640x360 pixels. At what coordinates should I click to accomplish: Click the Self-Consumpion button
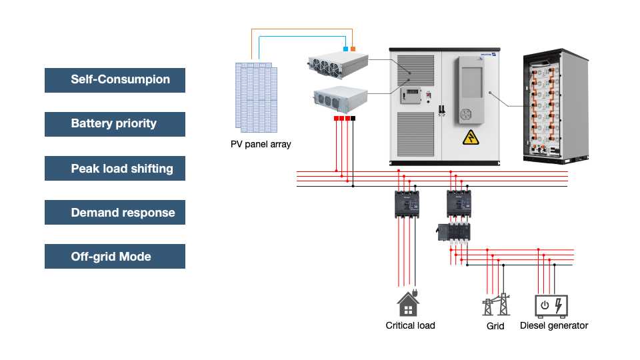(x=115, y=80)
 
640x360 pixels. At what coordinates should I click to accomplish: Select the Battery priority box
(x=115, y=124)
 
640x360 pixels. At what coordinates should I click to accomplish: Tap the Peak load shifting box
(x=115, y=169)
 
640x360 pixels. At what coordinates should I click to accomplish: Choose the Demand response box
(x=115, y=213)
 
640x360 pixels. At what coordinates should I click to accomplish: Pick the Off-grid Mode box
(x=115, y=257)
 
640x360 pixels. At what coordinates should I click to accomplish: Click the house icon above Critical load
(x=408, y=303)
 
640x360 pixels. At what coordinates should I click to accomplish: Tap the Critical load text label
(x=410, y=325)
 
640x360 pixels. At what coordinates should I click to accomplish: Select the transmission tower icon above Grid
(x=495, y=305)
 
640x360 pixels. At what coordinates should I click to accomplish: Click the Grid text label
(x=495, y=326)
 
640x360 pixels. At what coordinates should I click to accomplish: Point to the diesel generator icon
(x=551, y=305)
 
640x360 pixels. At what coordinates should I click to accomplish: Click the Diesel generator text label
(x=554, y=325)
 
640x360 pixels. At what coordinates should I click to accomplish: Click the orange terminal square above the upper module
(x=353, y=49)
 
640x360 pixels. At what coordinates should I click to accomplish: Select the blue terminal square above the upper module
(x=345, y=49)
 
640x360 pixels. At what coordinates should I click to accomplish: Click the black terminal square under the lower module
(x=353, y=118)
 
